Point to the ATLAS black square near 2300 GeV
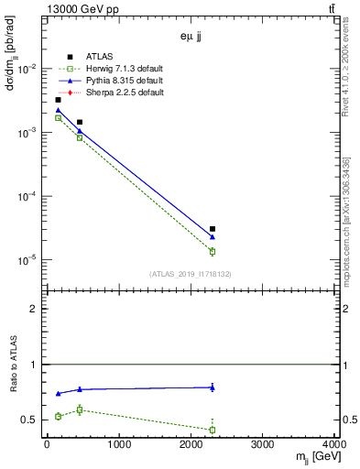tap(213, 229)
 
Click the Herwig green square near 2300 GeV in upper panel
tap(213, 251)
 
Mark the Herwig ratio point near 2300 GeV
tap(213, 430)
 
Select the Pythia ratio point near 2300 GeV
tap(213, 387)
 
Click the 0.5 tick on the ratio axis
tap(33, 420)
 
